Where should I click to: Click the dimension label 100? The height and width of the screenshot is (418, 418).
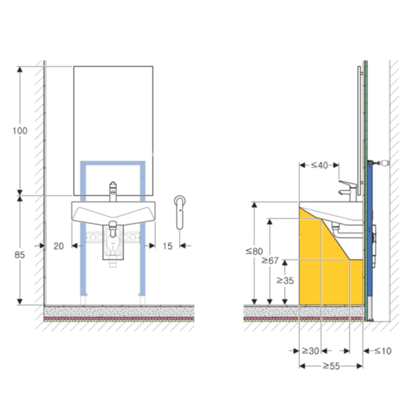coord(20,131)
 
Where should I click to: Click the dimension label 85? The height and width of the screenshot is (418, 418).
coord(19,255)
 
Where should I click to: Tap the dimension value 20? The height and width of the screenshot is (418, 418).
coord(59,246)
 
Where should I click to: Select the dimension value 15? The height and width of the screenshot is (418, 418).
coord(168,246)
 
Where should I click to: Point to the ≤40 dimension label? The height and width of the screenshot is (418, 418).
coord(320,166)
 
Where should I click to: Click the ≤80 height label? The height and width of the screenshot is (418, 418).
coord(254,251)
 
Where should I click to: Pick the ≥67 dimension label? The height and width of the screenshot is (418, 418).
coord(270,261)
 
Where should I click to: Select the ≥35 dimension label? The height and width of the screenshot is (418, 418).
coord(285,280)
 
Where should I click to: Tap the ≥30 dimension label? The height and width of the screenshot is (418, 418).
coord(311,351)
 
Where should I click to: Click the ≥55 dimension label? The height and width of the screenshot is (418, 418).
coord(331,366)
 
